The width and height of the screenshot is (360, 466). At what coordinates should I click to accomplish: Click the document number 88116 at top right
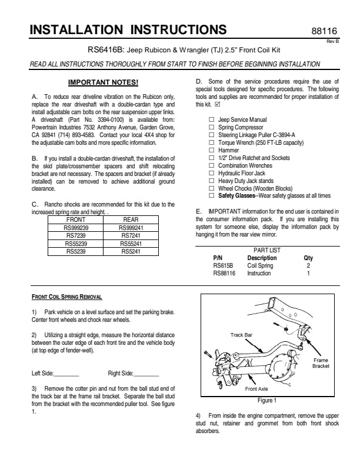(324, 31)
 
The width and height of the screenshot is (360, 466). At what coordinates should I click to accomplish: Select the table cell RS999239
(76, 227)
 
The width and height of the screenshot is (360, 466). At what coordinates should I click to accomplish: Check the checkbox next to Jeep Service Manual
(211, 119)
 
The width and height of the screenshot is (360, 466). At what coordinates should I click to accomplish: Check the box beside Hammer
(211, 150)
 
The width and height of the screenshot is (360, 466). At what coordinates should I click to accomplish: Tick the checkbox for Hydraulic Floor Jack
(211, 173)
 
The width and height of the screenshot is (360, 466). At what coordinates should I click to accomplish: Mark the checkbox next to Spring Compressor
(211, 127)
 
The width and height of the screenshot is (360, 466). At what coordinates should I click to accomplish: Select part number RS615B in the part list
(223, 265)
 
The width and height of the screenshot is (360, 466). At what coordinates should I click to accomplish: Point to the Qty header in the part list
(308, 258)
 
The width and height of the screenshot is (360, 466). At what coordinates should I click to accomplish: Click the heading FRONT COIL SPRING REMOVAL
(66, 298)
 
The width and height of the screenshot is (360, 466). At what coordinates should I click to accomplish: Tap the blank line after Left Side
(66, 374)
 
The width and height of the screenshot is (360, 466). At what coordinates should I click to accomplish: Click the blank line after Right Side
(146, 374)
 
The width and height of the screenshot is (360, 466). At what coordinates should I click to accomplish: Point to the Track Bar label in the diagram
(241, 335)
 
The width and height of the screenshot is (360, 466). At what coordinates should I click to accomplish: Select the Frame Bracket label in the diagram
(321, 363)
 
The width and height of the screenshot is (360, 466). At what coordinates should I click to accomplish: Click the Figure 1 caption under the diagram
(267, 401)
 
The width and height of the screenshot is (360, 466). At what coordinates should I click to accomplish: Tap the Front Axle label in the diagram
(256, 389)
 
